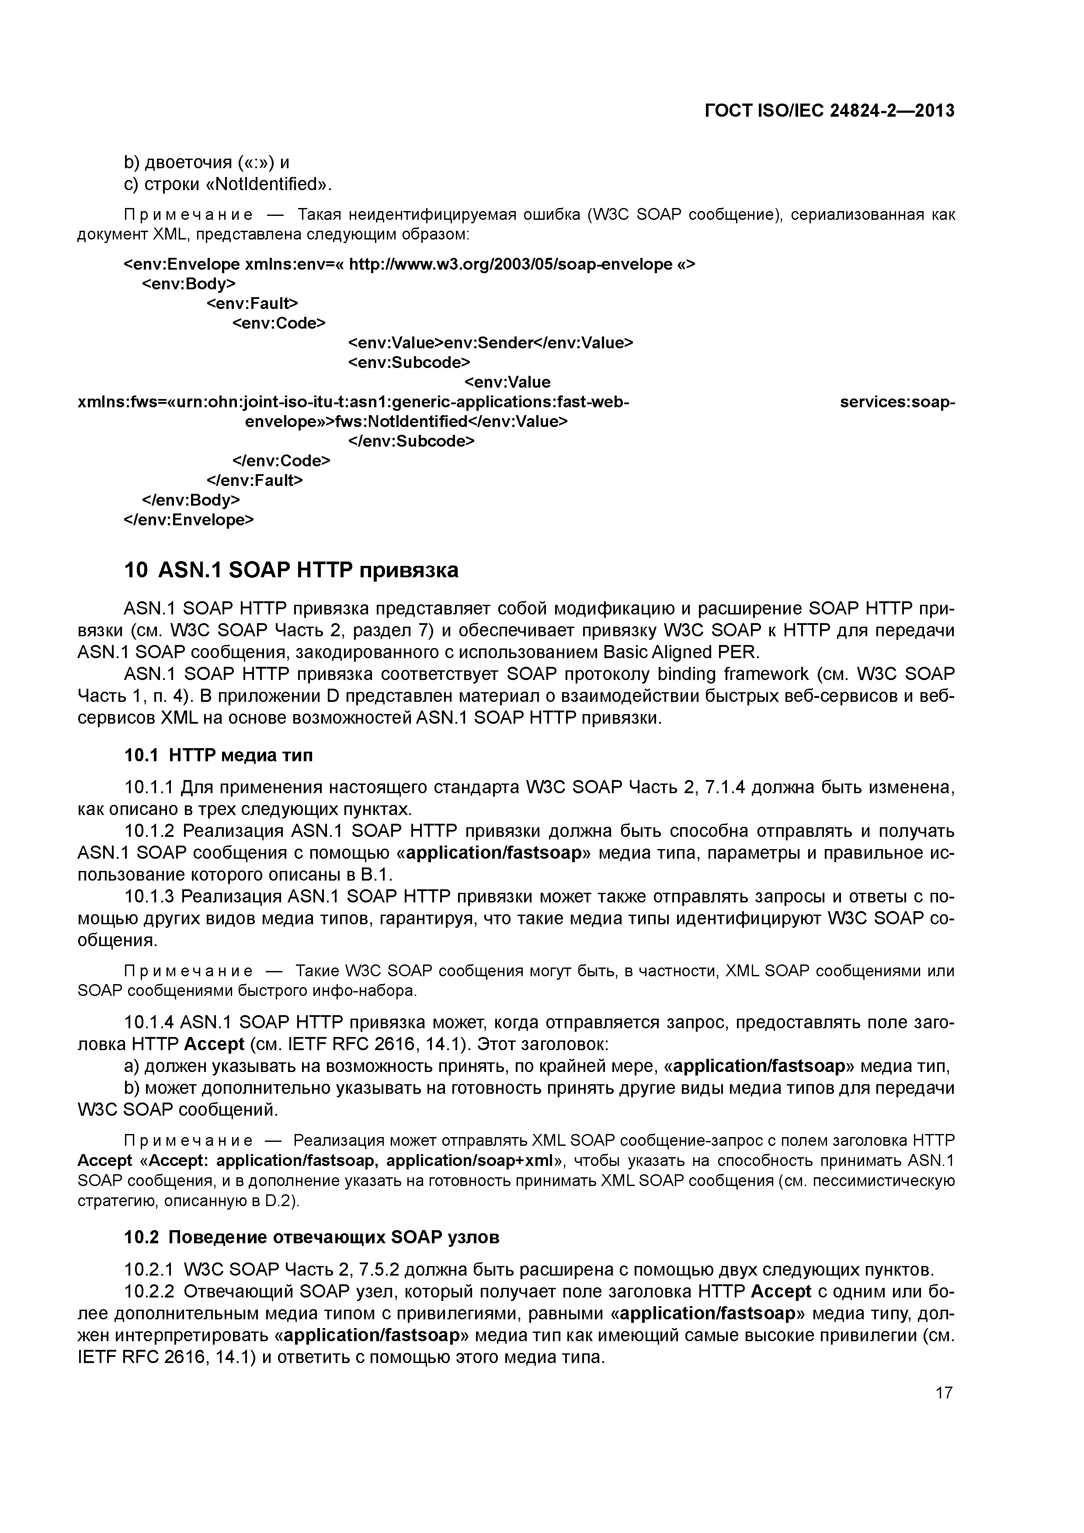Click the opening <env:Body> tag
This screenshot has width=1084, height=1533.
pos(189,284)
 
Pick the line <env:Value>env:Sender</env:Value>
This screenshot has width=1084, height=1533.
pos(490,343)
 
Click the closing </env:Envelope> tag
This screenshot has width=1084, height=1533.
pos(189,520)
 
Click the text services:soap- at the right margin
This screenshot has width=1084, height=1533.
pos(897,402)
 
